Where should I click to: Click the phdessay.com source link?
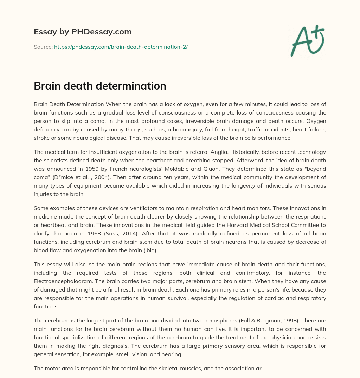[121, 47]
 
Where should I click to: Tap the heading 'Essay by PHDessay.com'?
[83, 32]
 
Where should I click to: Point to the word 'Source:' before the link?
[43, 47]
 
